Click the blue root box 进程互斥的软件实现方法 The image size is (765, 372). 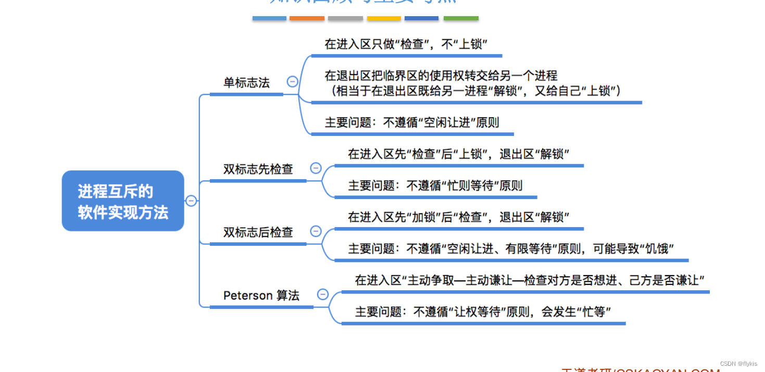123,201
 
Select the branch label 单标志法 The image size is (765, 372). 246,83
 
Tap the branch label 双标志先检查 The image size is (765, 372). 258,169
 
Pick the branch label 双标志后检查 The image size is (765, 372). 258,232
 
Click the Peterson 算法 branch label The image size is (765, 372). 261,296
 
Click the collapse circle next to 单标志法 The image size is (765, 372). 293,81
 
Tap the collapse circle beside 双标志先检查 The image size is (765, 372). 316,168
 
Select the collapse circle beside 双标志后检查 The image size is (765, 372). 316,231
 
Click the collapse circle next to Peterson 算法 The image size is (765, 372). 323,294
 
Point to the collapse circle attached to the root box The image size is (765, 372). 191,201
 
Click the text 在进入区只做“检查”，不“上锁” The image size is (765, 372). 406,44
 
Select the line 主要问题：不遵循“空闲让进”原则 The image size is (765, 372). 411,122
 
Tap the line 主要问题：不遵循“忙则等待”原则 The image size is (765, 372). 435,185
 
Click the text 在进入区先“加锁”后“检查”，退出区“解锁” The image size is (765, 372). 458,217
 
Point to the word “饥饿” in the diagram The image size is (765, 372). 657,249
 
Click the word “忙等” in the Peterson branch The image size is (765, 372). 593,312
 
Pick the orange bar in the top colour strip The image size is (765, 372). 307,18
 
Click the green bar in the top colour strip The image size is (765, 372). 461,18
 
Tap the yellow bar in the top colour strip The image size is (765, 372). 384,18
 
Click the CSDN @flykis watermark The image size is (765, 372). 738,364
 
